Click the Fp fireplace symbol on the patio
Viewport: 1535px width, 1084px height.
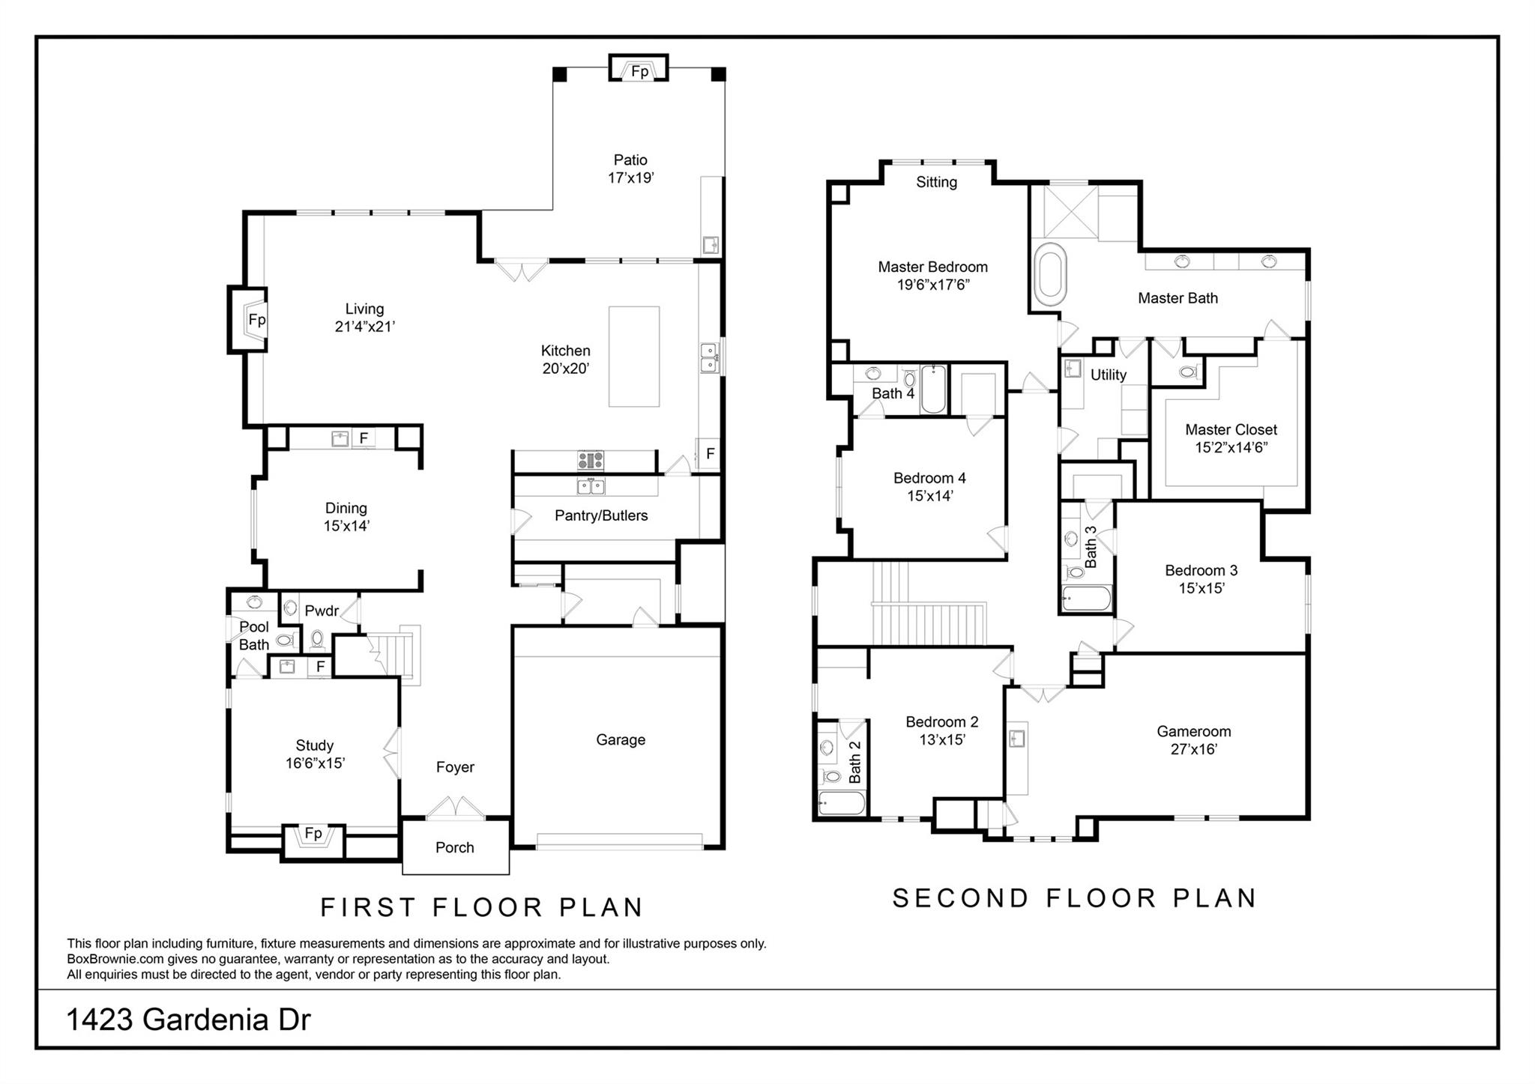click(639, 70)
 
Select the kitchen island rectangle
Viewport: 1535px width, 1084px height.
click(634, 356)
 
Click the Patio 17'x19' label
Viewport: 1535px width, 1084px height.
click(630, 169)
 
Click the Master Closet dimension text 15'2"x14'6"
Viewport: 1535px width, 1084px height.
click(1231, 448)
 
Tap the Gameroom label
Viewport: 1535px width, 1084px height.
click(1193, 731)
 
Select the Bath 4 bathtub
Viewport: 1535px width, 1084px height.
click(933, 390)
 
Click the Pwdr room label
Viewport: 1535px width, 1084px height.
click(322, 611)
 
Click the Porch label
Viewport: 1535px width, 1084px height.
click(455, 847)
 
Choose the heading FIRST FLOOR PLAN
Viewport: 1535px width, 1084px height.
click(482, 907)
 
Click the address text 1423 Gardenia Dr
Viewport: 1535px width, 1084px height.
click(188, 1020)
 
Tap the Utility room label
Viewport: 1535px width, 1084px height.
click(1108, 375)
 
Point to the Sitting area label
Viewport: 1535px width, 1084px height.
click(936, 182)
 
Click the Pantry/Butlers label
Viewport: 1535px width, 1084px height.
click(601, 515)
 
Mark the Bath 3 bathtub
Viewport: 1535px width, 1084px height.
click(1086, 599)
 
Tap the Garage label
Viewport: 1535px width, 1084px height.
click(621, 739)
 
